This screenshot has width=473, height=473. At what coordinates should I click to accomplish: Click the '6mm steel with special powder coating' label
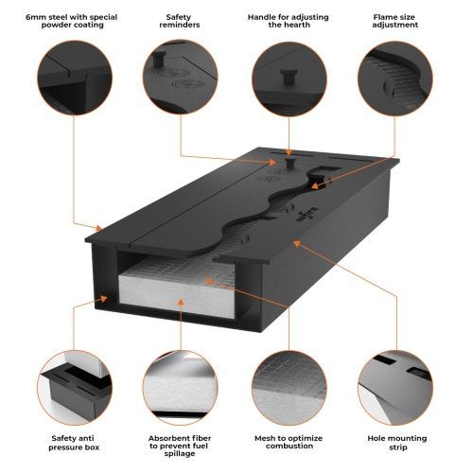coord(72,21)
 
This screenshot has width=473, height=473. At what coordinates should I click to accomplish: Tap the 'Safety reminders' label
coord(180,21)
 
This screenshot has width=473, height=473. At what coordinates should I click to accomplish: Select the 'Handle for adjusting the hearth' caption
coord(289,21)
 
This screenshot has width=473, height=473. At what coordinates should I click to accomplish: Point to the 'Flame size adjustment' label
coord(394,21)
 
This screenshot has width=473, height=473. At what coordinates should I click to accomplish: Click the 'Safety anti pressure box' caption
coord(73,443)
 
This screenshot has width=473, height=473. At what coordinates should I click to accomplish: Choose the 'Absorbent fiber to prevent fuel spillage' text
coord(180,446)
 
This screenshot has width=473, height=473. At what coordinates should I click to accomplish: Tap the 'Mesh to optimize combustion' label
coord(289,442)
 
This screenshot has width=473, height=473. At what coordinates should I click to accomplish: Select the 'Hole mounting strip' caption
coord(397,443)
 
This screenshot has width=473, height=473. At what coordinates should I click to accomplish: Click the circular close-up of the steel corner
coord(75,78)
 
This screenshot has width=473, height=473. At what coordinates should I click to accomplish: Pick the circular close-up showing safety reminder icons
coord(180,78)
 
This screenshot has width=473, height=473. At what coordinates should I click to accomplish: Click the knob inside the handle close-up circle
coord(289,77)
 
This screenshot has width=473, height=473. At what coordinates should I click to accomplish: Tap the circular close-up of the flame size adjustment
coord(395,78)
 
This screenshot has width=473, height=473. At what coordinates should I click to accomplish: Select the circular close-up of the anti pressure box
coord(75,388)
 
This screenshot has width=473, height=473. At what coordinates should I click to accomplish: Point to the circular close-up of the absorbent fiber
coord(180,388)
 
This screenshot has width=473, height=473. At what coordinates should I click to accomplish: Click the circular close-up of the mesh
coord(289,388)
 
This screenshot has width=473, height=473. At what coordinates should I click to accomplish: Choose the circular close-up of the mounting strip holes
coord(395,388)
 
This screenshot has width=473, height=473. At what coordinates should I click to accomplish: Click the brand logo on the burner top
coord(307,215)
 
